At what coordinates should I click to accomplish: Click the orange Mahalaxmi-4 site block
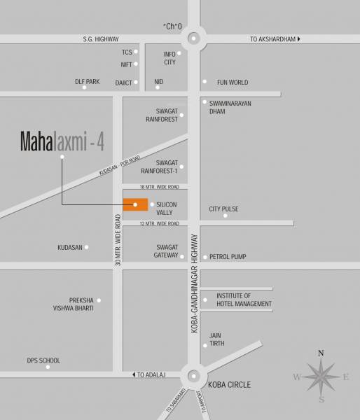pos(135,204)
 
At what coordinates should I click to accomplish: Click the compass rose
pos(320,377)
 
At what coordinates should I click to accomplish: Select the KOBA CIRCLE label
pos(228,385)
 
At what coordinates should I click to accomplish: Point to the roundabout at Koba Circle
pos(192,376)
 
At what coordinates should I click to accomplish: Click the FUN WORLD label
pos(233,83)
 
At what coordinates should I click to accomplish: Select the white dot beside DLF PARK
pos(84,87)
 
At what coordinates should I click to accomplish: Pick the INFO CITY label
pos(170,58)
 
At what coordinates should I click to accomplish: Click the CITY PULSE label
pos(224,209)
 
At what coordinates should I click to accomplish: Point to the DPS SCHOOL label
pos(43,360)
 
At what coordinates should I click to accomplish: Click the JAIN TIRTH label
pos(215,339)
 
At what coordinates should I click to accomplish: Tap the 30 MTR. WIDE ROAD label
pos(118,237)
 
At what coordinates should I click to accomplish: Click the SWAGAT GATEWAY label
pos(167,252)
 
